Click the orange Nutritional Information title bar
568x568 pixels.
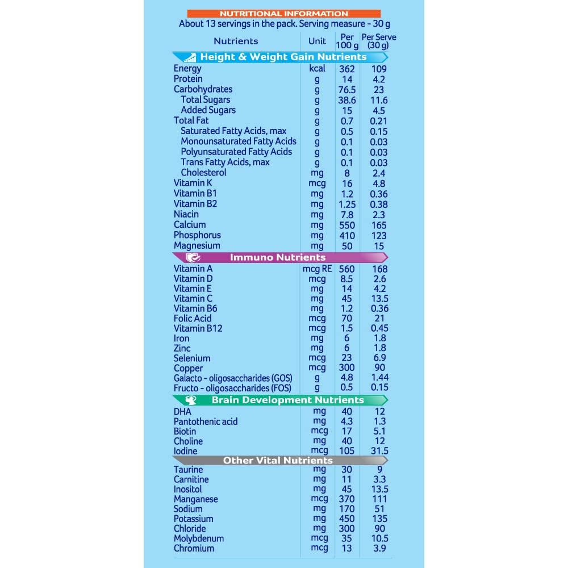tap(284, 14)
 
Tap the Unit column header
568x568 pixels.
tap(317, 41)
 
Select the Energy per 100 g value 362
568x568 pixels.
tap(346, 69)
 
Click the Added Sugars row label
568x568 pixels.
tap(208, 110)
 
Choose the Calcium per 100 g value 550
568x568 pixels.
tap(346, 225)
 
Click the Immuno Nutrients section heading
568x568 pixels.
tap(278, 257)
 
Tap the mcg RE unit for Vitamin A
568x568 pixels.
tap(318, 269)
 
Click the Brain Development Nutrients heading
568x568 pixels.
tap(287, 400)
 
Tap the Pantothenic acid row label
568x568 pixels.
tap(206, 421)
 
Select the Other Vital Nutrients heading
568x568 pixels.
tap(278, 460)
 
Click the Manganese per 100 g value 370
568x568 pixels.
tap(346, 499)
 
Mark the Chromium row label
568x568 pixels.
tap(194, 548)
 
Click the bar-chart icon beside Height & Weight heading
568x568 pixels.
tap(189, 57)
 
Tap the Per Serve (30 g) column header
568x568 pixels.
tap(378, 41)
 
